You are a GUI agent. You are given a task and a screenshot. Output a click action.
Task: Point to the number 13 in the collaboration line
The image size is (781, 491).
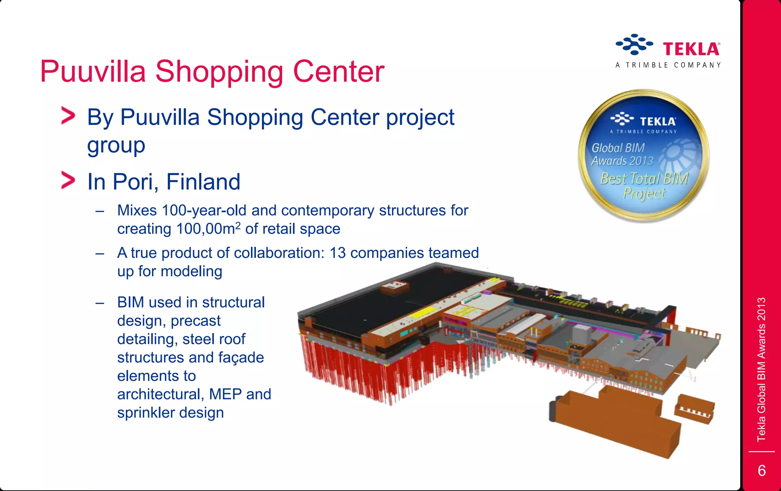[x=337, y=253]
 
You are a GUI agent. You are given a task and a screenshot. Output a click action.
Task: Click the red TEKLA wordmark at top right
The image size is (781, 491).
[x=691, y=49]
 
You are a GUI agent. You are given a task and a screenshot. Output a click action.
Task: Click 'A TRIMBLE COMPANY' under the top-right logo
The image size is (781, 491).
[x=668, y=65]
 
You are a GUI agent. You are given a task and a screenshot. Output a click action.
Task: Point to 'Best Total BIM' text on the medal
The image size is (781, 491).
[x=644, y=178]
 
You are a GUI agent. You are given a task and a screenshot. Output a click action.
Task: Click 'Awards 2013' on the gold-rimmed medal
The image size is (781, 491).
[x=622, y=161]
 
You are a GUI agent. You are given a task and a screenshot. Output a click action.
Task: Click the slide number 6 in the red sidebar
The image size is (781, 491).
[x=762, y=470]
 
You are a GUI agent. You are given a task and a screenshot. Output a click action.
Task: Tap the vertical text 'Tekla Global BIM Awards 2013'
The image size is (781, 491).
[x=761, y=369]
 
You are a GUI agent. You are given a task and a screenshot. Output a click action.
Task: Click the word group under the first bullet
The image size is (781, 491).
[x=116, y=145]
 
